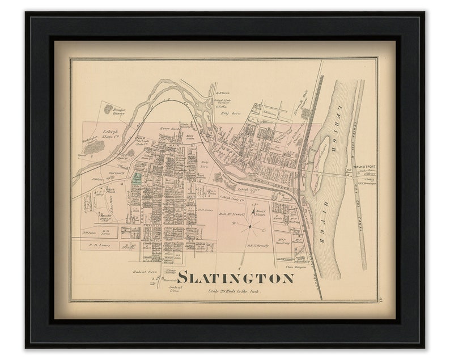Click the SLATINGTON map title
coord(235,278)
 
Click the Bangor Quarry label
coord(118,112)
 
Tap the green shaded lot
coord(137,178)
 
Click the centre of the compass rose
coord(249,226)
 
